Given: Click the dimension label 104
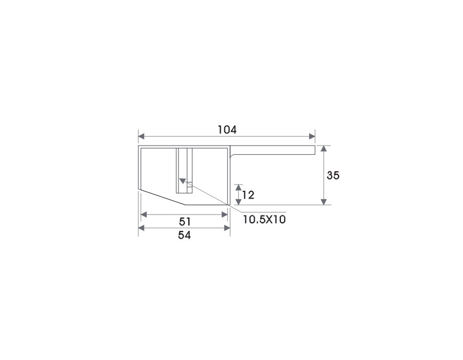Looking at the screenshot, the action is pos(227,130).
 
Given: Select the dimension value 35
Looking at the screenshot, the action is pos(333,175).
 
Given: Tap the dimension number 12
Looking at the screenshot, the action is pos(248,195).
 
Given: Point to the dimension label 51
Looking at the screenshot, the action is pos(185,222).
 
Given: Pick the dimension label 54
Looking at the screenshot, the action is pos(184,235).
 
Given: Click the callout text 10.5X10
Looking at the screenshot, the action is pos(264,220).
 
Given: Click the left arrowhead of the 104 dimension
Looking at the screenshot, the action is pos(141,136).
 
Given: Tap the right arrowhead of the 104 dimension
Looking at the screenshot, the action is pos(312,136).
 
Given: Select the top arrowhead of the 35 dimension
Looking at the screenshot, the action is pos(324,149).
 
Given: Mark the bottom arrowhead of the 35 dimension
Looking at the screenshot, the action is pos(324,202).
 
